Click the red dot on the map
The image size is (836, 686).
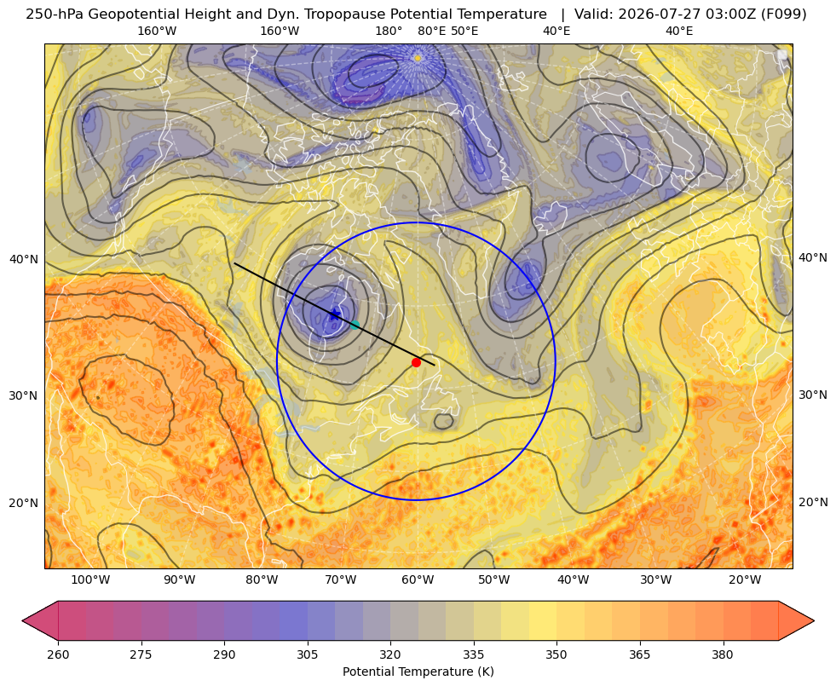pyautogui.click(x=416, y=362)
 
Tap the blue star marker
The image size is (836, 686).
pyautogui.click(x=334, y=314)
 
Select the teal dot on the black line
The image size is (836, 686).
pyautogui.click(x=355, y=325)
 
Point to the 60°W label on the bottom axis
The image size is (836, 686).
pyautogui.click(x=418, y=580)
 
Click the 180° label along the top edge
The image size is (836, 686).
pyautogui.click(x=389, y=31)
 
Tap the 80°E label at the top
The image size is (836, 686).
pyautogui.click(x=431, y=31)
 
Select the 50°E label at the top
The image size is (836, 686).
pyautogui.click(x=464, y=31)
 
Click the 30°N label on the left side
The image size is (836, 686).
pyautogui.click(x=24, y=395)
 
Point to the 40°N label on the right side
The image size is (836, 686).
pyautogui.click(x=813, y=257)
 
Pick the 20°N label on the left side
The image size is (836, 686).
pyautogui.click(x=24, y=503)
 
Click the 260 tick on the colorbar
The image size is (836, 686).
pyautogui.click(x=58, y=654)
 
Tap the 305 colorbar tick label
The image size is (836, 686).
pyautogui.click(x=308, y=654)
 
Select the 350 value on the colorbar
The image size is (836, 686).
pyautogui.click(x=556, y=654)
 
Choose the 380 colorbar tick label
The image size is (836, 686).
pyautogui.click(x=723, y=654)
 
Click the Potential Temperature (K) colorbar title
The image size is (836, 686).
pyautogui.click(x=418, y=672)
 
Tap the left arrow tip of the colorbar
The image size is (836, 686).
pyautogui.click(x=23, y=620)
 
